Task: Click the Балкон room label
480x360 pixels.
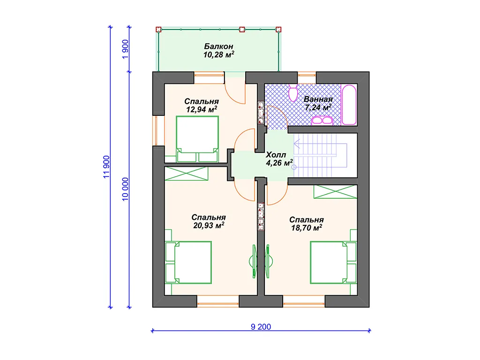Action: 218,46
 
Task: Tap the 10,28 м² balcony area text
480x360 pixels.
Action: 218,55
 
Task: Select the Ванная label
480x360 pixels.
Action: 318,99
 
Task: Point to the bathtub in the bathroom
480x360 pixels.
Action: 349,105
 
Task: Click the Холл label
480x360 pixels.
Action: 276,155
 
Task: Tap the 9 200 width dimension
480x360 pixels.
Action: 261,327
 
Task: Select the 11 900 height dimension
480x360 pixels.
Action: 106,167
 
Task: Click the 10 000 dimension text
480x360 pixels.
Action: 125,189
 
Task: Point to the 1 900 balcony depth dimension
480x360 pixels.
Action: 125,50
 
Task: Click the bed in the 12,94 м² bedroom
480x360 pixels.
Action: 197,139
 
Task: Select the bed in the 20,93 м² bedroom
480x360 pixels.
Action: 188,262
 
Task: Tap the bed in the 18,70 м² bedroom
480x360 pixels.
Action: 334,262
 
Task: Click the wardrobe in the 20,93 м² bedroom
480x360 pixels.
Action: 187,173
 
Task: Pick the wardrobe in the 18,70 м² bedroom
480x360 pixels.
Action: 336,192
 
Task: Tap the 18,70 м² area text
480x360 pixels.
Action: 307,228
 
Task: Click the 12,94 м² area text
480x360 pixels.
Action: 202,109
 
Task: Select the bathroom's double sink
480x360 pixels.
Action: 322,120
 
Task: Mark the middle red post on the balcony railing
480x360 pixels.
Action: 242,30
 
